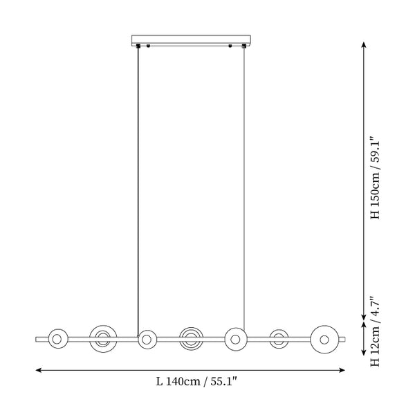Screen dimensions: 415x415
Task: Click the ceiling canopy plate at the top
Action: coord(191,40)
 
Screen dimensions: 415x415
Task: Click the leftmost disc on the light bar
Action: coord(58,339)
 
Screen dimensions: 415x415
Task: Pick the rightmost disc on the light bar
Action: coord(324,340)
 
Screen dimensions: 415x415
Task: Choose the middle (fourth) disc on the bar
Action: coord(191,339)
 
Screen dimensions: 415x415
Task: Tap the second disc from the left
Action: coord(103,339)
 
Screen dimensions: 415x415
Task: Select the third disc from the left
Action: coord(147,339)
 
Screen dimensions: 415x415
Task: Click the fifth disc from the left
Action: coord(236,339)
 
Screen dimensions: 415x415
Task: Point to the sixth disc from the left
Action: coord(279,339)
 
